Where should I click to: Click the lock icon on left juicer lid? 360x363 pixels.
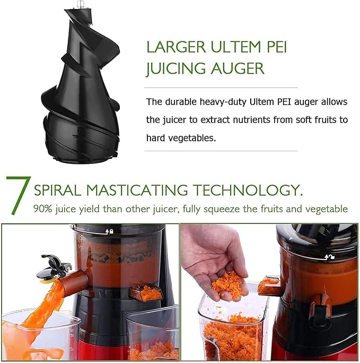click(x=110, y=231)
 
